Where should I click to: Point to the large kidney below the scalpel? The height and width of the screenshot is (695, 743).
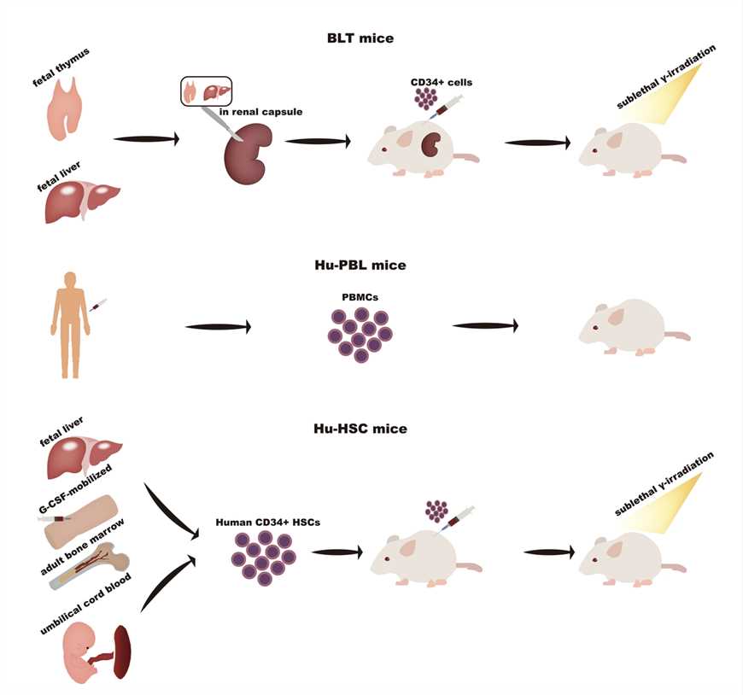(x=248, y=155)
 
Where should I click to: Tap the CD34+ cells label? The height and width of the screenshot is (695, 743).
(x=442, y=82)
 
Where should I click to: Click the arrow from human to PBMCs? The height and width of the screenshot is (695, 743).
(x=218, y=326)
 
